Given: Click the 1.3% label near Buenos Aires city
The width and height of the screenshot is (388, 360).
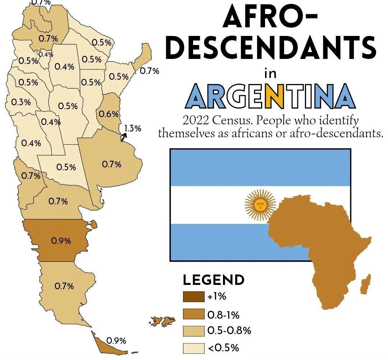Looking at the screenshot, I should [133, 128].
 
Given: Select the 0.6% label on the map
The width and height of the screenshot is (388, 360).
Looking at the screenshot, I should [109, 114].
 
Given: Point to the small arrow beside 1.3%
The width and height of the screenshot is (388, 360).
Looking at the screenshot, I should [124, 137].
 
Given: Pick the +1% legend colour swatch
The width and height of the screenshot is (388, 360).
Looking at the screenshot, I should [193, 297].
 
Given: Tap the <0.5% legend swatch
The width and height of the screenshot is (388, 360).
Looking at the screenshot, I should [193, 348].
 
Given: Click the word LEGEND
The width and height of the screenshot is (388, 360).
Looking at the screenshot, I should [214, 280].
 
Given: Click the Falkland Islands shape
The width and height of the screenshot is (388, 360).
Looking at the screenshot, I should [163, 321].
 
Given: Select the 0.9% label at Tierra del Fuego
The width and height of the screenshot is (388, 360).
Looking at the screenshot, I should [116, 341].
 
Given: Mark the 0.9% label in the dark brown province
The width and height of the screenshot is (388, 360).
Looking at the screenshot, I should [61, 241].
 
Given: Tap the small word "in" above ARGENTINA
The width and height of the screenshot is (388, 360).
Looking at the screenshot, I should [270, 74].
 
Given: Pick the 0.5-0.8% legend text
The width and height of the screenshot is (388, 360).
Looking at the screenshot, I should [229, 331].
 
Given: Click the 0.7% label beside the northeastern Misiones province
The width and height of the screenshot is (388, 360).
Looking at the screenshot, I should [149, 71].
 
